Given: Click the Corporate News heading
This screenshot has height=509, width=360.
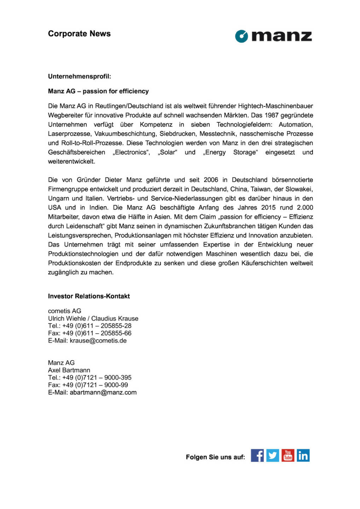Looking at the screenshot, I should coord(79,34).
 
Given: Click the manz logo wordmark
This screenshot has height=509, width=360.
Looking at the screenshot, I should coord(282,36).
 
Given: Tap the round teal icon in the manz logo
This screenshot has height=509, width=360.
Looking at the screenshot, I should coord(242,36).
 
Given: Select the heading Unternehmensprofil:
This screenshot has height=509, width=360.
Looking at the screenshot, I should coord(80,76).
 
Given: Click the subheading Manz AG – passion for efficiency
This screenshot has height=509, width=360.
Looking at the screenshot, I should coord(98,91).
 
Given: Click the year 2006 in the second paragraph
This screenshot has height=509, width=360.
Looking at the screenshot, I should coord(211,180).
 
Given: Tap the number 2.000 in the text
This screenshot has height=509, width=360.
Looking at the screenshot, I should coord(305,207).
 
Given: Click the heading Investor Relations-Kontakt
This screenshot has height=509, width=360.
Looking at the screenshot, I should coord(89,296).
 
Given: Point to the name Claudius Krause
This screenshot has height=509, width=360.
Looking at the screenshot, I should coord(115,318).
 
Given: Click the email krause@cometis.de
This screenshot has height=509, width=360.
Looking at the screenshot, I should coord(98,341).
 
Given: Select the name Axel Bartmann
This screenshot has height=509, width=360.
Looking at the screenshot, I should coord(69,370).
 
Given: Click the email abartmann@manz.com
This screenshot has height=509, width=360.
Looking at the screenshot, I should coord(103,392).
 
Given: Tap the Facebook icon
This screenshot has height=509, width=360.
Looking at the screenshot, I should coord(257,455).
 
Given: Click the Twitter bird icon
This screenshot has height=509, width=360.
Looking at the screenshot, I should coord(272,455).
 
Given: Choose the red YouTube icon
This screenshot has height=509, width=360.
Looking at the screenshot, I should coord(288,455).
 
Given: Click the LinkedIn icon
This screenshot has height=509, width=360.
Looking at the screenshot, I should coord(303,455).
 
